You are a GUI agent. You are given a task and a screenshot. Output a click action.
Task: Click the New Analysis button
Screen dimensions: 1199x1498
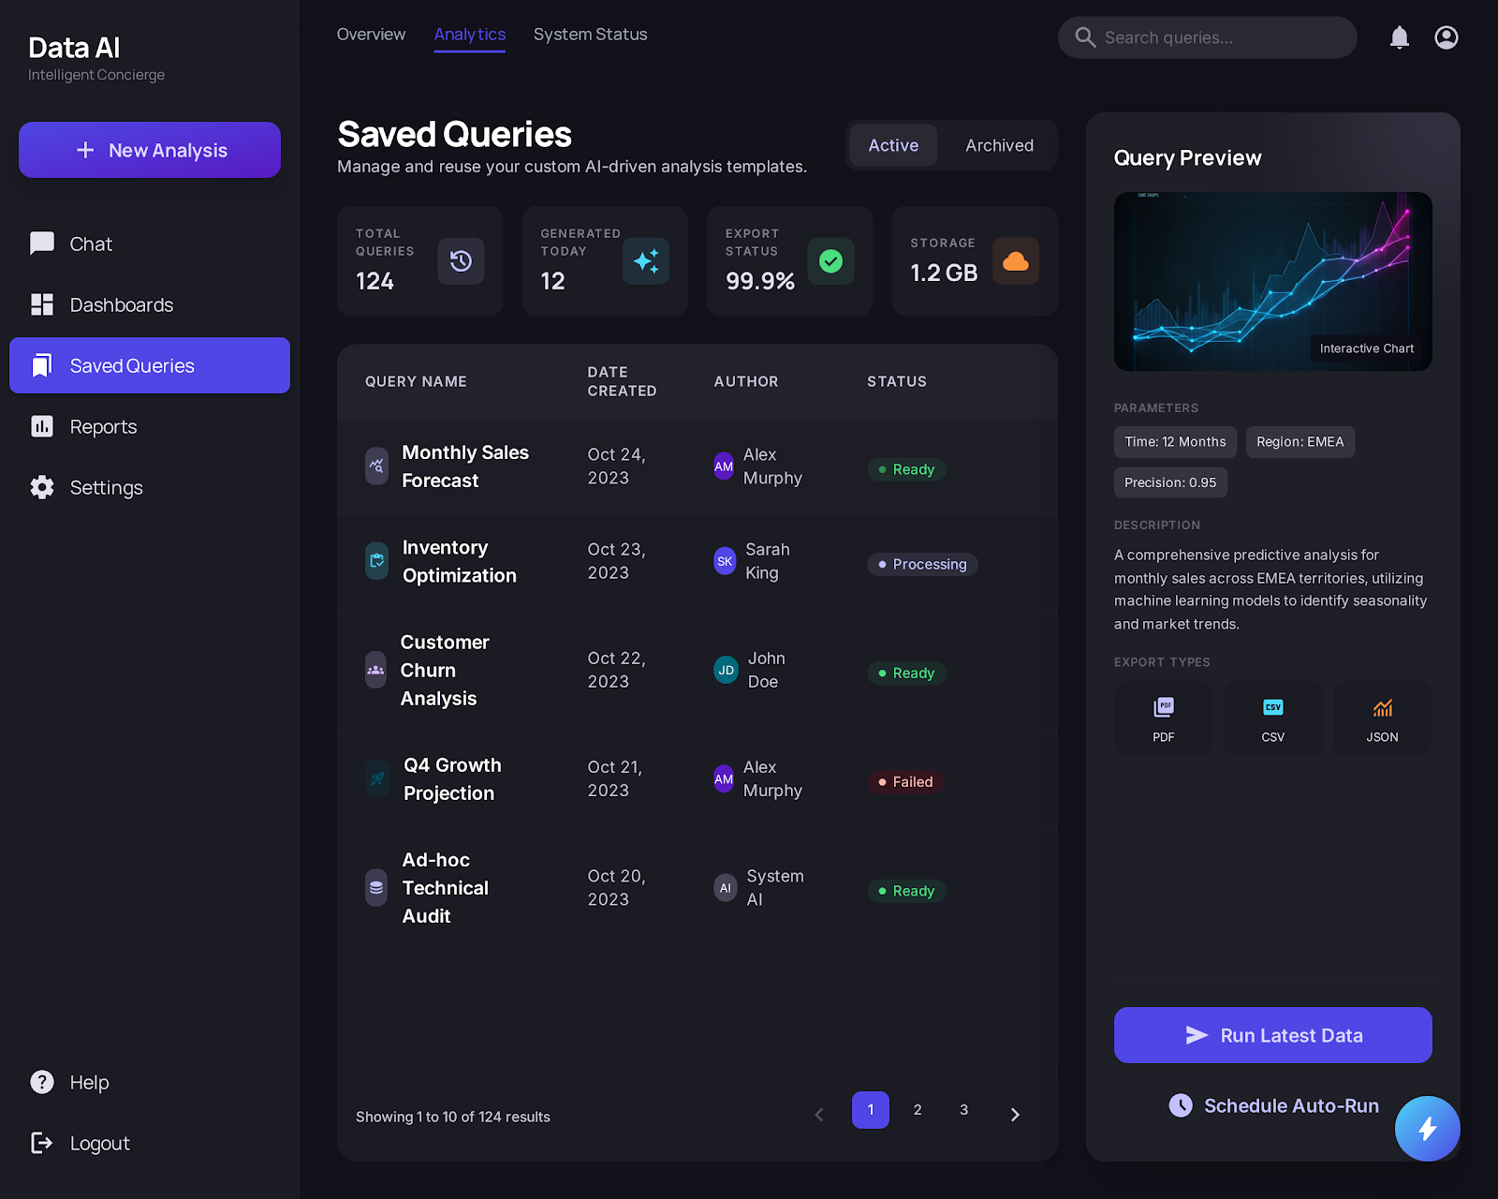coord(150,150)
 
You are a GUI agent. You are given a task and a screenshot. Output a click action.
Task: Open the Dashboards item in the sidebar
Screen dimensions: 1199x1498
coord(121,304)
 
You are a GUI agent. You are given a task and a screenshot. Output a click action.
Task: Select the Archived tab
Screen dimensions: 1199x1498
coord(999,145)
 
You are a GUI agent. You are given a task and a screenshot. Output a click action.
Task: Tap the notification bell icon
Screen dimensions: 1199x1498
coord(1399,37)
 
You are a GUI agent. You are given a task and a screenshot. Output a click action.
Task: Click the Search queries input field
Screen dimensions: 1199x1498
coord(1217,37)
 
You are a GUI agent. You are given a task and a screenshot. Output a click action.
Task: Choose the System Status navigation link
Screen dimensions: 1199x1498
coord(590,35)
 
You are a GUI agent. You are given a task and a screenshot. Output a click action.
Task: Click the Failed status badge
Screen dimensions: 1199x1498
coord(905,781)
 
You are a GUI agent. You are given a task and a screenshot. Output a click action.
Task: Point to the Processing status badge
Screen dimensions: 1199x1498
coord(922,564)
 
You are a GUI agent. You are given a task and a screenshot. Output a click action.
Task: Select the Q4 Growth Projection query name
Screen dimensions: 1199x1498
coord(452,778)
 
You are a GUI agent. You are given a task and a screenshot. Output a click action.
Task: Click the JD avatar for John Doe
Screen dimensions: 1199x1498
coord(726,670)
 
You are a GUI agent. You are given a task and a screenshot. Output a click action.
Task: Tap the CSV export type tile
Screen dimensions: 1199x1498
coord(1272,718)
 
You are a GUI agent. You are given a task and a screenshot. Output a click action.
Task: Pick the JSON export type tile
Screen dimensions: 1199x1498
coord(1382,718)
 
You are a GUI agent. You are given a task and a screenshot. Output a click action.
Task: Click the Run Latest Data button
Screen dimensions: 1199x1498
coord(1272,1035)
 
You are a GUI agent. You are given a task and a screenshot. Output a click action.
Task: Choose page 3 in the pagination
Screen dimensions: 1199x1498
coord(963,1110)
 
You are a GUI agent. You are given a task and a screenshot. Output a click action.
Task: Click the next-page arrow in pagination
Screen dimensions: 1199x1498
coord(1015,1114)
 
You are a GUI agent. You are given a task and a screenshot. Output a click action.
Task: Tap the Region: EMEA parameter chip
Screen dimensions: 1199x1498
coord(1300,442)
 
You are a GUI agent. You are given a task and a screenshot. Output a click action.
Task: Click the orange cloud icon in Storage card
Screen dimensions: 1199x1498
coord(1015,261)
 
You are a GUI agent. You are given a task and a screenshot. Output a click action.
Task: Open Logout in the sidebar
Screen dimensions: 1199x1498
coord(99,1143)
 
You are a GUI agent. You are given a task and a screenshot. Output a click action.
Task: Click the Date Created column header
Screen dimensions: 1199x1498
coord(622,381)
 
